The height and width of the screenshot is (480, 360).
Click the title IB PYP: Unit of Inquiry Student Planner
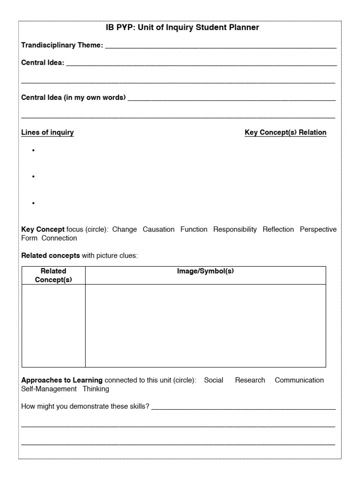pos(182,28)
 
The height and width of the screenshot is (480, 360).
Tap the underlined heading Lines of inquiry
pos(47,133)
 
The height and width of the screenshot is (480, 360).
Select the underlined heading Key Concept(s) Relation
pos(285,133)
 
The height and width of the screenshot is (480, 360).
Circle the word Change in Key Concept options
pos(125,229)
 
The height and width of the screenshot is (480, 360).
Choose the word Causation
pos(158,229)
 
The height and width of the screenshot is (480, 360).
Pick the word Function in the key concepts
pos(194,229)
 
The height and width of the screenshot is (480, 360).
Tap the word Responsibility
pos(235,229)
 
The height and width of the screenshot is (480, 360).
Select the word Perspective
pos(318,229)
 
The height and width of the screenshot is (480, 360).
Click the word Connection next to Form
pos(59,238)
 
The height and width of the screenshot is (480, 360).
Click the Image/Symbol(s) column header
pos(205,271)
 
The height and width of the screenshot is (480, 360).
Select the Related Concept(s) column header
pos(53,275)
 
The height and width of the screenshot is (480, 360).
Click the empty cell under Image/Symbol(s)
pos(205,325)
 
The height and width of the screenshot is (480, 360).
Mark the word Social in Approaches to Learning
pos(214,380)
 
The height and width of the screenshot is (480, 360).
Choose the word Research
pos(250,380)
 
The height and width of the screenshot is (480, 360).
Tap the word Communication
pos(299,380)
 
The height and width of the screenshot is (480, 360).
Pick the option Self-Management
pos(49,389)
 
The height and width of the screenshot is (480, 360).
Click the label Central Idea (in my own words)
pos(74,97)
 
